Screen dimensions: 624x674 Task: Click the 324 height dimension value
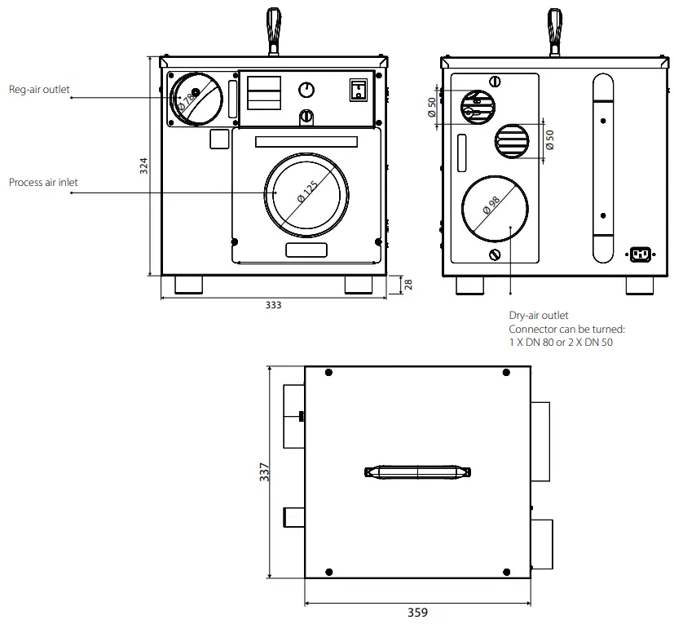point(144,167)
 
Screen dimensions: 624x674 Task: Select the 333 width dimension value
point(273,305)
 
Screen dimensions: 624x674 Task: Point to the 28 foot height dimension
point(409,284)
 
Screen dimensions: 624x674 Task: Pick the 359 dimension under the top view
point(417,613)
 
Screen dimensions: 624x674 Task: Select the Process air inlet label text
point(43,183)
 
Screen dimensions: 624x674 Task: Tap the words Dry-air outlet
point(539,315)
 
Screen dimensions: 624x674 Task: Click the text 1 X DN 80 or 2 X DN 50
point(561,343)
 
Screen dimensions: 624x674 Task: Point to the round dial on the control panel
point(306,90)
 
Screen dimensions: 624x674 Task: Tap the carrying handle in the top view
point(417,472)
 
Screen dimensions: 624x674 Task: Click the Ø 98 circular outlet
point(494,210)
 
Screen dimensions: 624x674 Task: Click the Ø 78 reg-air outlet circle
point(195,99)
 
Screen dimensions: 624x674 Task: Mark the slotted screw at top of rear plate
point(494,81)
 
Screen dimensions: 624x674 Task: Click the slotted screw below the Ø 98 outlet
point(494,255)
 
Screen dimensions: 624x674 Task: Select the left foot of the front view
point(189,285)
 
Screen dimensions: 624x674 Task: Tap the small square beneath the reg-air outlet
point(219,139)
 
